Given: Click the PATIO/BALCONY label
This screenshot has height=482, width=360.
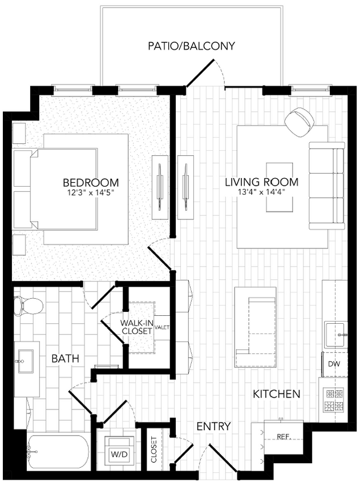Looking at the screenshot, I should click(191, 46).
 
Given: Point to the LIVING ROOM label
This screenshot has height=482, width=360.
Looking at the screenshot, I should click(261, 182).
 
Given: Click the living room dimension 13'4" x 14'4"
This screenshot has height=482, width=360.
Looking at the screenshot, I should click(262, 192).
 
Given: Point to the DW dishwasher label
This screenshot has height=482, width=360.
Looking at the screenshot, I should click(334, 364).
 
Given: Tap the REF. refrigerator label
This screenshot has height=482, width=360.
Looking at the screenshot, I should click(284, 437).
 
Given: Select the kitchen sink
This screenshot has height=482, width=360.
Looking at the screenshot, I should click(336, 335).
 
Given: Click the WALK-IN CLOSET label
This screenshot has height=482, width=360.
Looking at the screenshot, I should click(136, 327).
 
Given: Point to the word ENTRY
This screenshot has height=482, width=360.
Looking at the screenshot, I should click(213, 426).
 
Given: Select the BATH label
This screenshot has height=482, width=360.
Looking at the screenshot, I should click(65, 359).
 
